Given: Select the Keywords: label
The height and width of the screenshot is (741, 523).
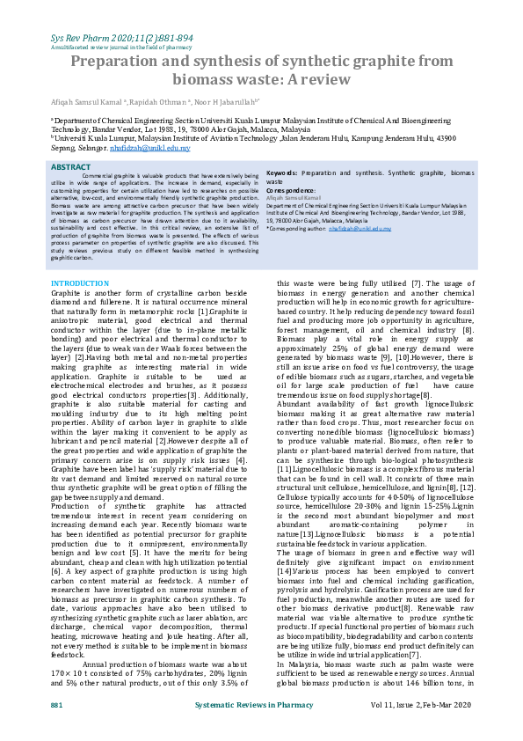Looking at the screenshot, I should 286,174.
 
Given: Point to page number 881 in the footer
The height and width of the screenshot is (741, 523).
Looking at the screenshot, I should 56,706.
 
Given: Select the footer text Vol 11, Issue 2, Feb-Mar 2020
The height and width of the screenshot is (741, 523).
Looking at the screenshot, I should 421,706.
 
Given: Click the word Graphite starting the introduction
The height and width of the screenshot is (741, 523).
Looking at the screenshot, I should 67,292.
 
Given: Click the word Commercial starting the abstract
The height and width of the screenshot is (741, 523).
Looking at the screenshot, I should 97,177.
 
